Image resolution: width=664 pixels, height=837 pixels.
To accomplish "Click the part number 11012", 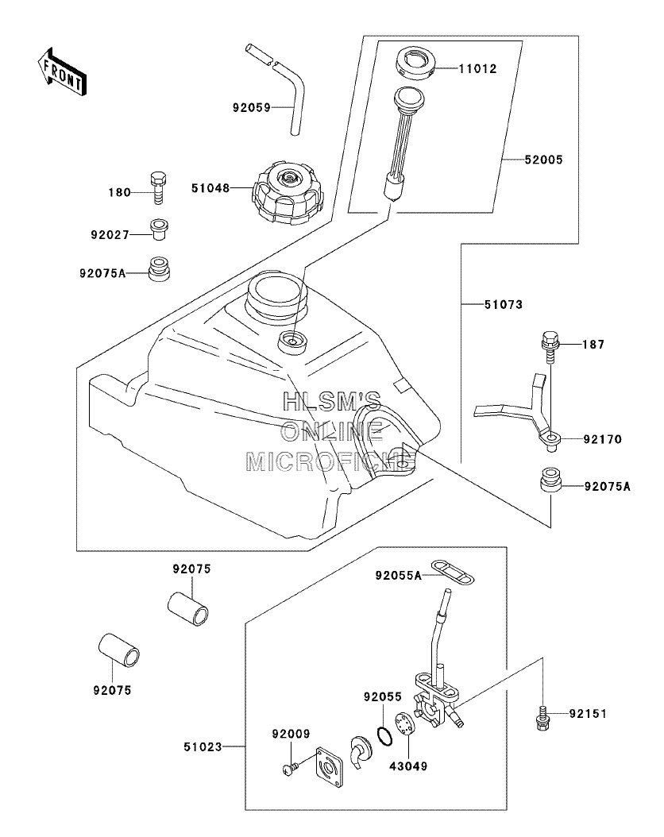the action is (477, 69).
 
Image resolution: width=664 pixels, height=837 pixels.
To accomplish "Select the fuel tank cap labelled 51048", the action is (288, 193).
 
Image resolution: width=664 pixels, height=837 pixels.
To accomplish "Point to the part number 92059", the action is (252, 108).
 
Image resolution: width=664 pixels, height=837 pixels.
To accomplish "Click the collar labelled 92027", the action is (159, 229).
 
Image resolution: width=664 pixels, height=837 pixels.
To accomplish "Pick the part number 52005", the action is (543, 160).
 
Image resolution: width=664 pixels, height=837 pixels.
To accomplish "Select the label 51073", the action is (504, 305).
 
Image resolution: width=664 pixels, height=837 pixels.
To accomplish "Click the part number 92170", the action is (603, 439).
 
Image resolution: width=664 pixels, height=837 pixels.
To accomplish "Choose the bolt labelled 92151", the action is (542, 716).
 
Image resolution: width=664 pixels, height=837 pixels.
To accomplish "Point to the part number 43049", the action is (408, 766).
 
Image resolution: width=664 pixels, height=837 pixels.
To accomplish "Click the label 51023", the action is (203, 746).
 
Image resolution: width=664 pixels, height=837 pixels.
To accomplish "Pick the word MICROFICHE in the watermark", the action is (330, 461).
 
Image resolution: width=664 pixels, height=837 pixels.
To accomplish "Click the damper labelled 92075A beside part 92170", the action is (550, 480).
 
